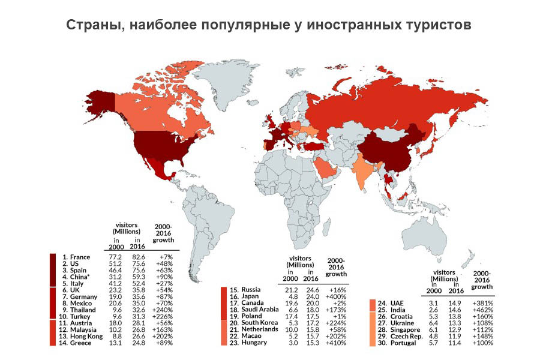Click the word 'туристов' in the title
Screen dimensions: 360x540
pos(437,26)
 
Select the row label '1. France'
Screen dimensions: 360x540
pos(76,257)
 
